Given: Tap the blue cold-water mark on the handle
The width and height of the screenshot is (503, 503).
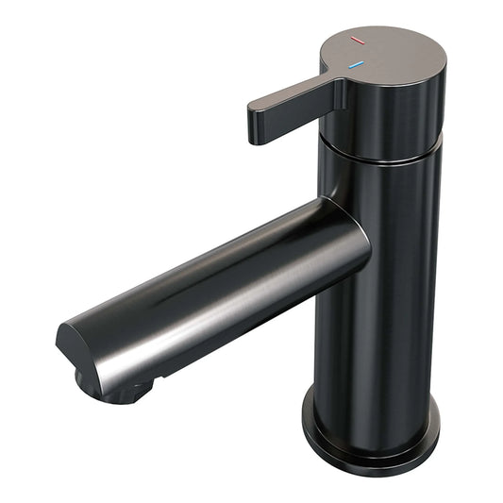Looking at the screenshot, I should [356, 66].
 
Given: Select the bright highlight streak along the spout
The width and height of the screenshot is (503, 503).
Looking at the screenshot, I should [208, 283].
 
